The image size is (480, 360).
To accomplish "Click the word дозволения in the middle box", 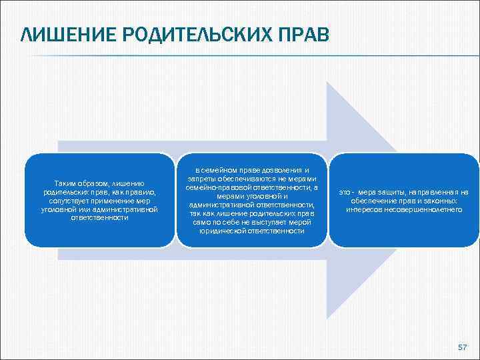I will coord(277,171).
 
